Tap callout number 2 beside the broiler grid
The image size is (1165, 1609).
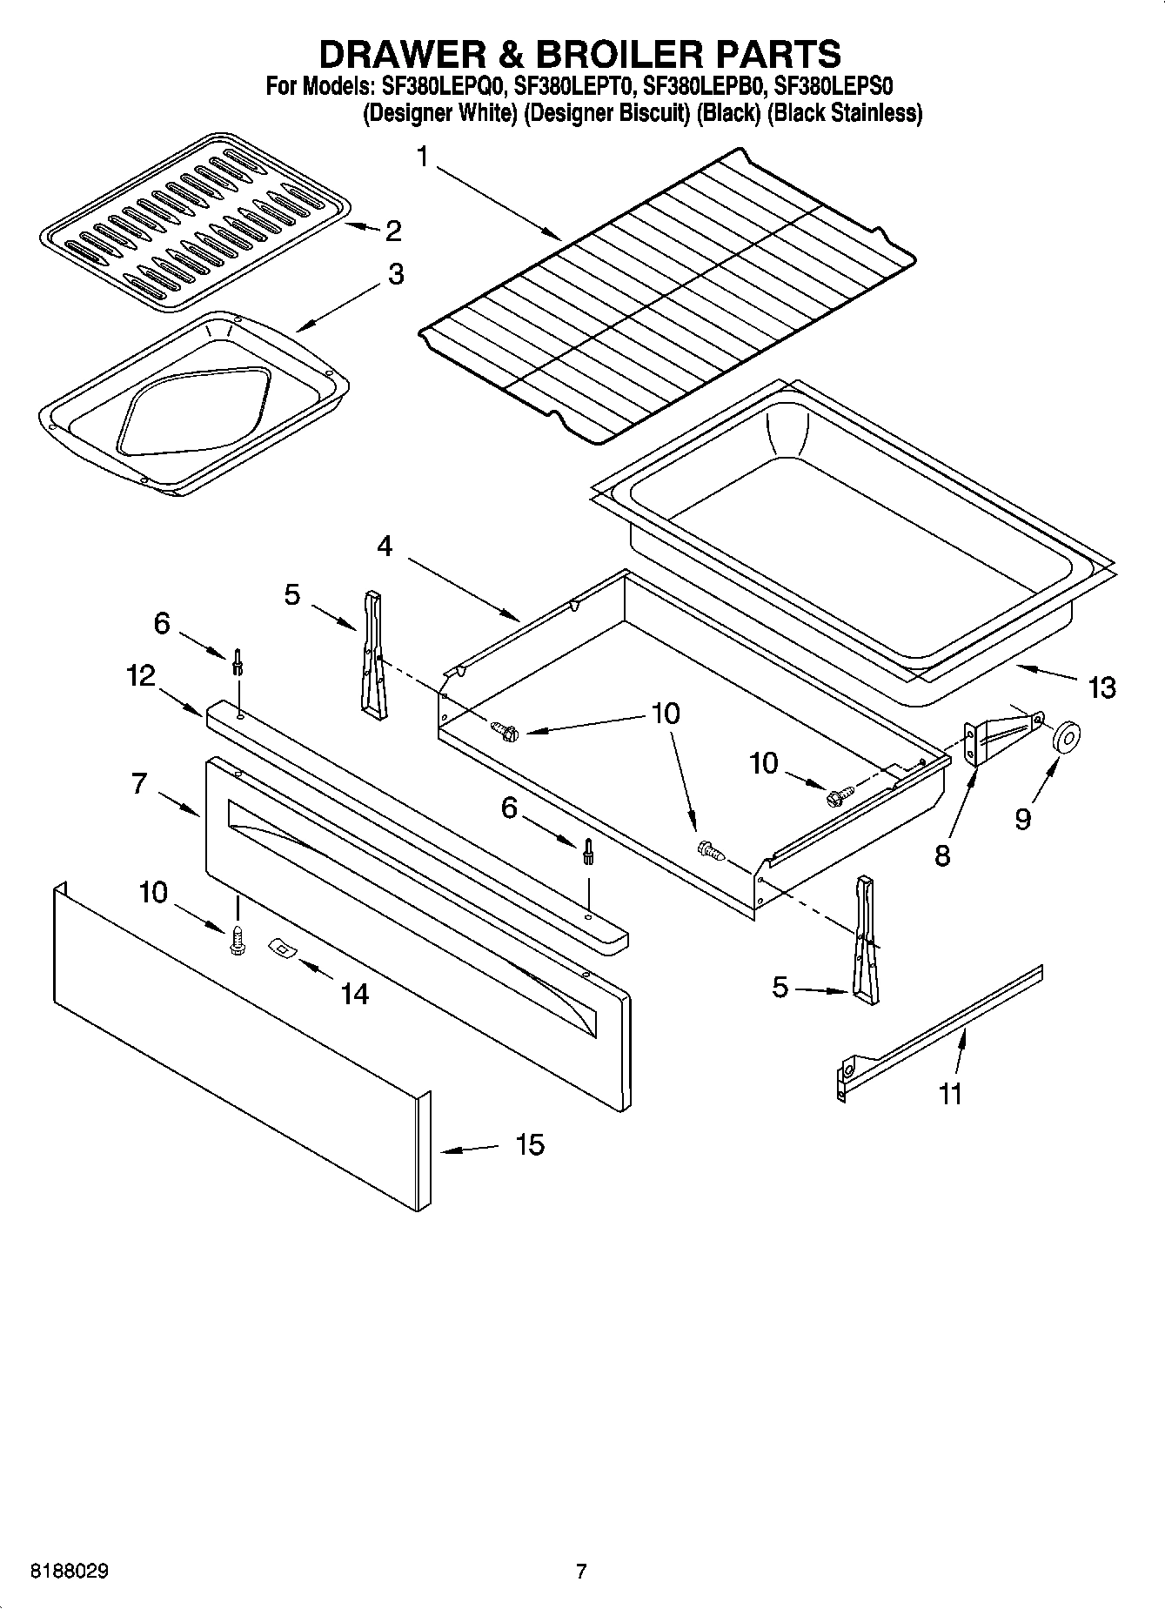coord(392,231)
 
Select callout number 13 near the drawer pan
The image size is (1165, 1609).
coord(1101,687)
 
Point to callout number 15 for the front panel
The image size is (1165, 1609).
coord(529,1144)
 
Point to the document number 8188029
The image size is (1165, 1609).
coord(70,1571)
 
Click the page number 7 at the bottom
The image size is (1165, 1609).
coord(581,1571)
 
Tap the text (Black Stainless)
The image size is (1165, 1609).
coord(844,113)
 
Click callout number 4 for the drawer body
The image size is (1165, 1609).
coord(385,546)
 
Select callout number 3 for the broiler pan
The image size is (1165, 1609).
coord(395,274)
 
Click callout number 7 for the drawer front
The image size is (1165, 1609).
coord(139,783)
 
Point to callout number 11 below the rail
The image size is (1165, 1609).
coord(951,1094)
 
